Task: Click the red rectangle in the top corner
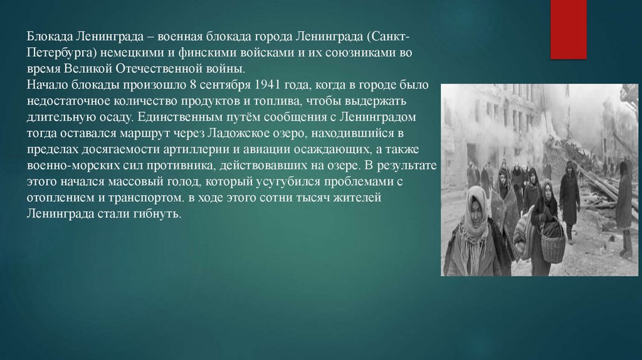568,29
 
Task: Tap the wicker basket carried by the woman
552,241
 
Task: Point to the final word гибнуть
159,214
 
